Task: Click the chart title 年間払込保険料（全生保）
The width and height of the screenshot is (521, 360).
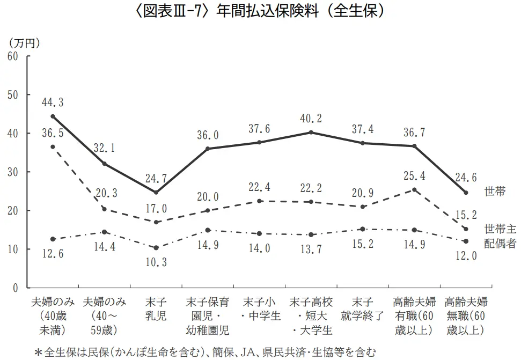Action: [x=260, y=12]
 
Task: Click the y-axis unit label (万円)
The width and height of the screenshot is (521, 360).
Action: [x=24, y=42]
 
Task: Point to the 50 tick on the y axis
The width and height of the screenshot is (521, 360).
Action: [x=12, y=95]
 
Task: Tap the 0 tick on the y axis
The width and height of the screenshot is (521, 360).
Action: [x=16, y=288]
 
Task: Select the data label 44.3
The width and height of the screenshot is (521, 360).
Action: [x=53, y=102]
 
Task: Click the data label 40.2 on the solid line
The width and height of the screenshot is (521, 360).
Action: [x=312, y=118]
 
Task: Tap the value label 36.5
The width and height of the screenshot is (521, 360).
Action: [x=53, y=133]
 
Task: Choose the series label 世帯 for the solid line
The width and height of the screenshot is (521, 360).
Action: [x=494, y=191]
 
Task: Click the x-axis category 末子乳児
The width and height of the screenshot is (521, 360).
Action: [x=156, y=308]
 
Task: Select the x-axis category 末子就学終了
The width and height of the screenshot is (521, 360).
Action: [x=363, y=308]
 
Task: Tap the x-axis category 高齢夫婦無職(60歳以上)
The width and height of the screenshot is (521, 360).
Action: [x=466, y=315]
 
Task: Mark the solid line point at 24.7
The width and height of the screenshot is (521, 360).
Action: [x=156, y=192]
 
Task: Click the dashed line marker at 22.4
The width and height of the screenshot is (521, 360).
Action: [x=260, y=201]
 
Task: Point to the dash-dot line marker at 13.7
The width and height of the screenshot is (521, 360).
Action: [x=312, y=234]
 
